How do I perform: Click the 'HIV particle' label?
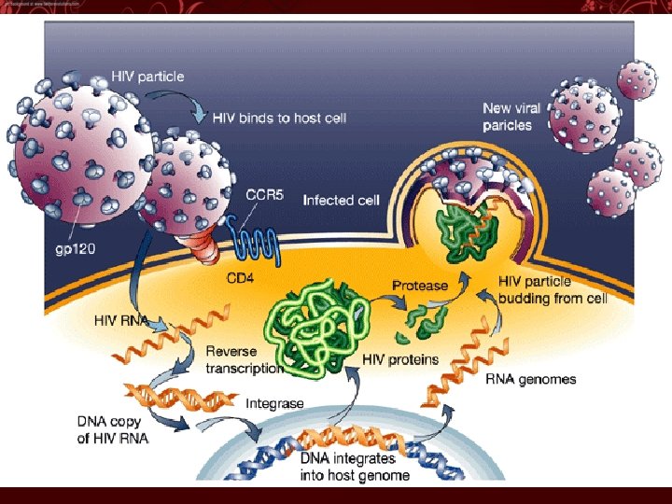tap(147, 77)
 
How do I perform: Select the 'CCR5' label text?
tap(264, 194)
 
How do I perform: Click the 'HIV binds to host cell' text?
tap(279, 118)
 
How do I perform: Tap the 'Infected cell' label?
tap(341, 200)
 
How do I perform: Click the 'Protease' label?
tap(420, 285)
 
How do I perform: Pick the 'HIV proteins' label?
tap(400, 359)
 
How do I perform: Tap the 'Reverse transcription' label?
tap(244, 359)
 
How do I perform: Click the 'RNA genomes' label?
tap(531, 379)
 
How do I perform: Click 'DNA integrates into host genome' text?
tap(355, 467)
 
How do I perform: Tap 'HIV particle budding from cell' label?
tap(553, 289)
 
